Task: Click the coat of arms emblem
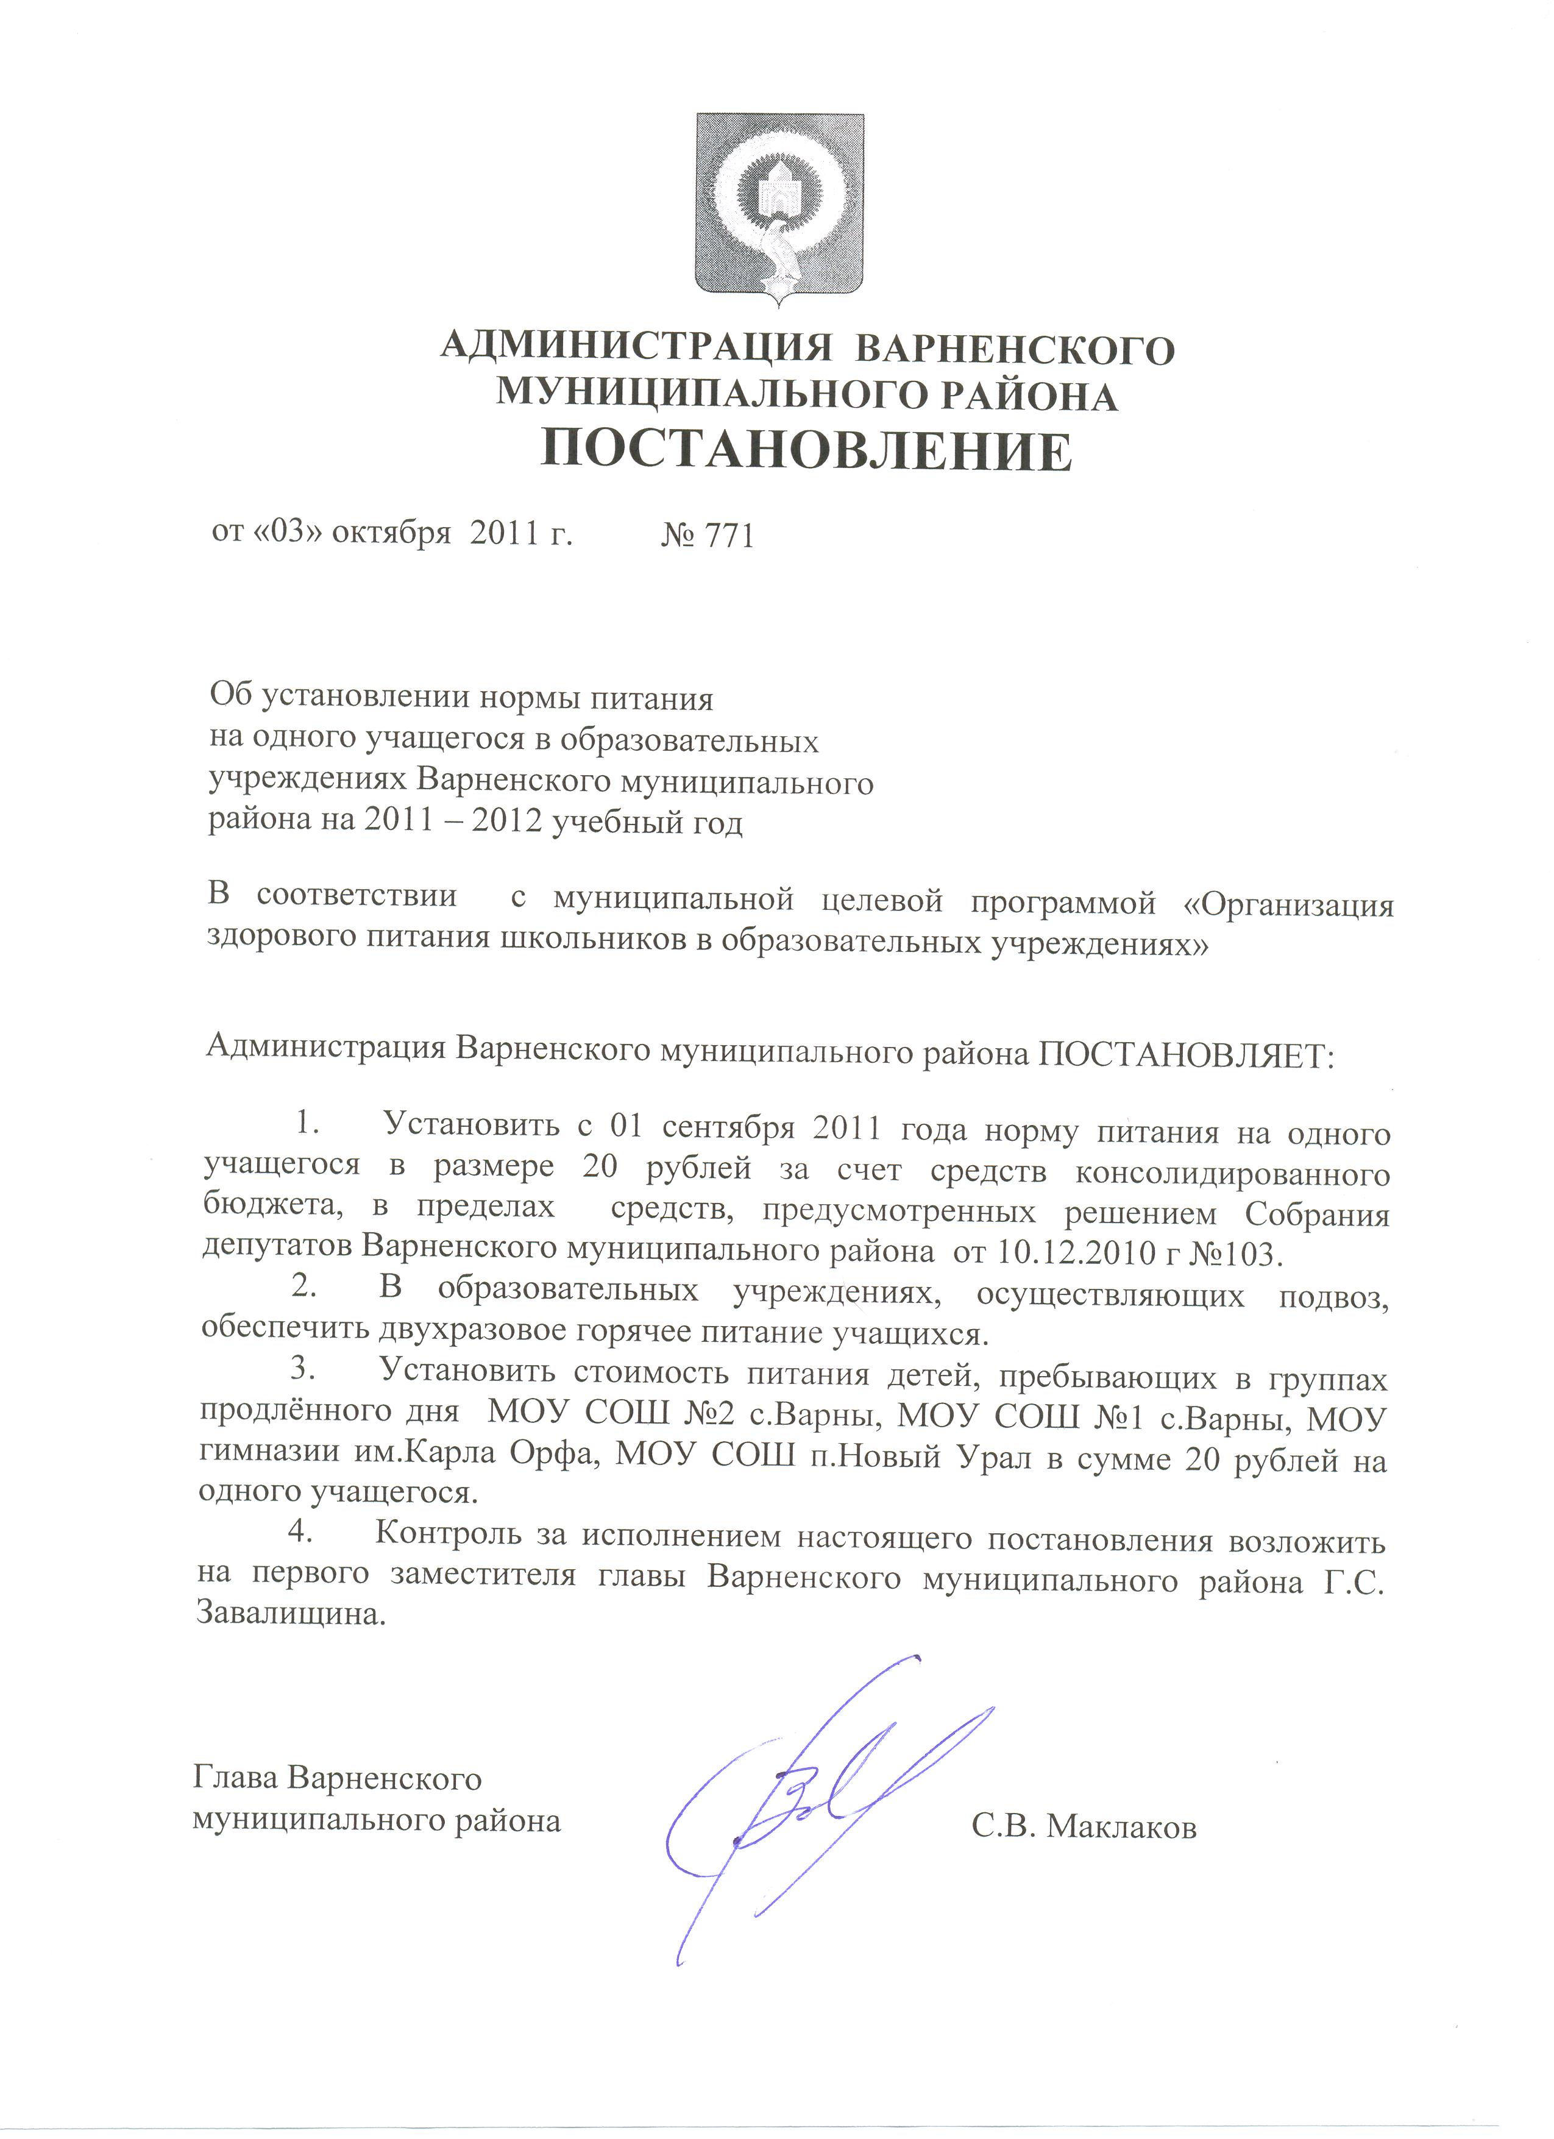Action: point(780,210)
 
